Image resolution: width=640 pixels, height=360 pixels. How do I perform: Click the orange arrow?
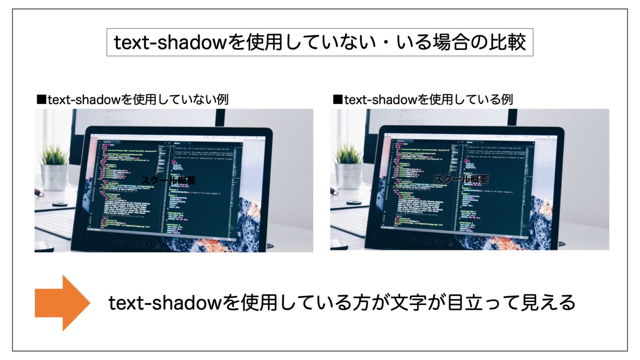click(x=62, y=303)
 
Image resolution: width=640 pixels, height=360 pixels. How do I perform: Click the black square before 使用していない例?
click(x=41, y=100)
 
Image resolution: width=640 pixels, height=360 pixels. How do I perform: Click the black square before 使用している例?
click(x=337, y=100)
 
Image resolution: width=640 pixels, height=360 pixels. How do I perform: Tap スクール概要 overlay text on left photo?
click(x=168, y=180)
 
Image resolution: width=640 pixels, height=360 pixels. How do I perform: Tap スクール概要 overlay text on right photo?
click(x=461, y=179)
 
